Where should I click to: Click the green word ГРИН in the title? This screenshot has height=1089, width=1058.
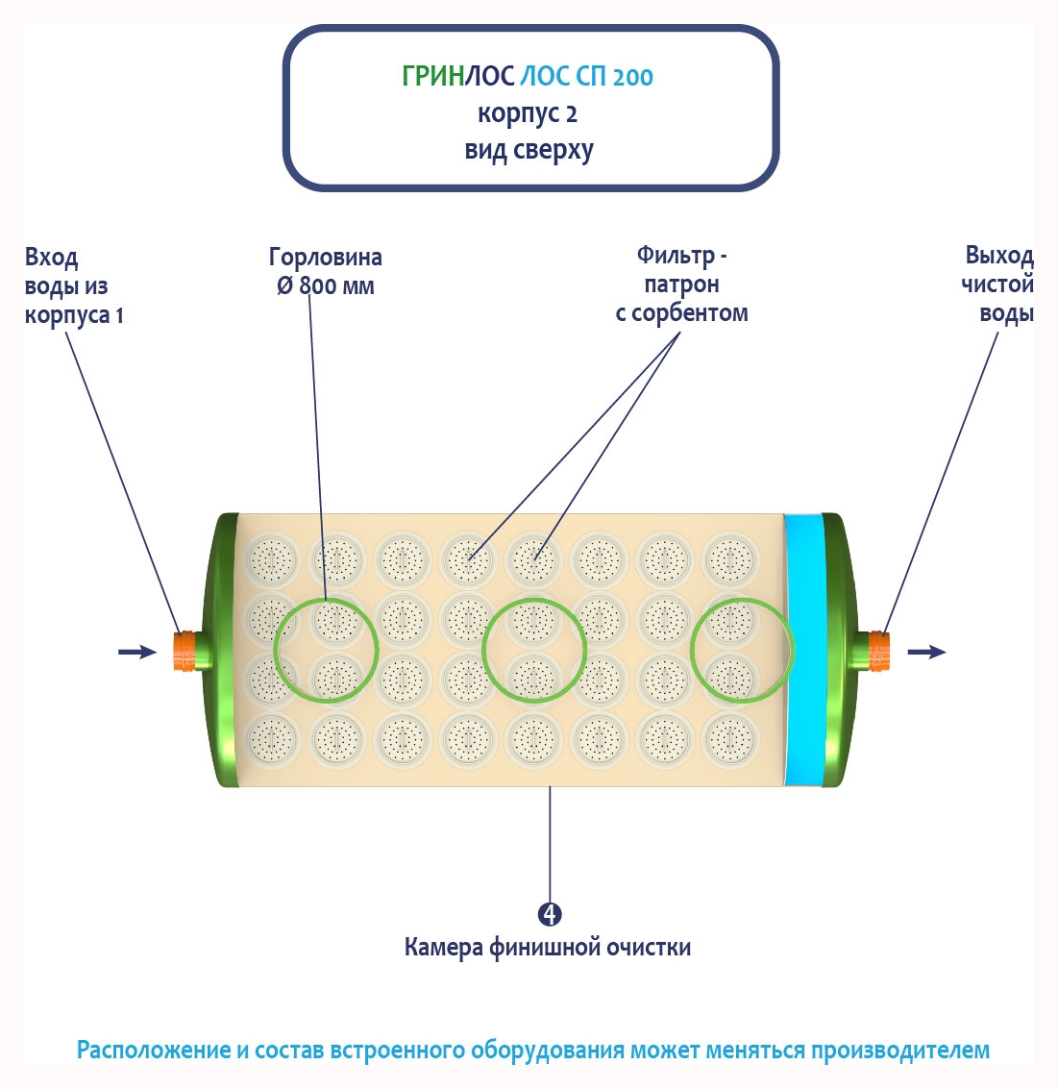pyautogui.click(x=432, y=76)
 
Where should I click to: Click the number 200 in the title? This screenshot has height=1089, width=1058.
pyautogui.click(x=632, y=77)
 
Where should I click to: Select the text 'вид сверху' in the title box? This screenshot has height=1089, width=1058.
pyautogui.click(x=529, y=151)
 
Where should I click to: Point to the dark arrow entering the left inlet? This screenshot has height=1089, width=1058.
pyautogui.click(x=136, y=653)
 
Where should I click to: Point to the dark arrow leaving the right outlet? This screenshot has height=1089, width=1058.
pyautogui.click(x=926, y=653)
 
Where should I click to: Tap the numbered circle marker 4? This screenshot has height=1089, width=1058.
pyautogui.click(x=550, y=914)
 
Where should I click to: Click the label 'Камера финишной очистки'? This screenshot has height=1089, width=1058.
pyautogui.click(x=547, y=948)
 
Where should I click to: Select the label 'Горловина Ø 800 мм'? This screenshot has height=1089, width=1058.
pyautogui.click(x=325, y=271)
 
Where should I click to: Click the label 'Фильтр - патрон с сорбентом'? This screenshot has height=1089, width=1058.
pyautogui.click(x=681, y=285)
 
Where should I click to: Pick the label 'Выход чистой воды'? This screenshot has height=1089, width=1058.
pyautogui.click(x=997, y=285)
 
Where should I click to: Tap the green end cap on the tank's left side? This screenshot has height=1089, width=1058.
pyautogui.click(x=226, y=650)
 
